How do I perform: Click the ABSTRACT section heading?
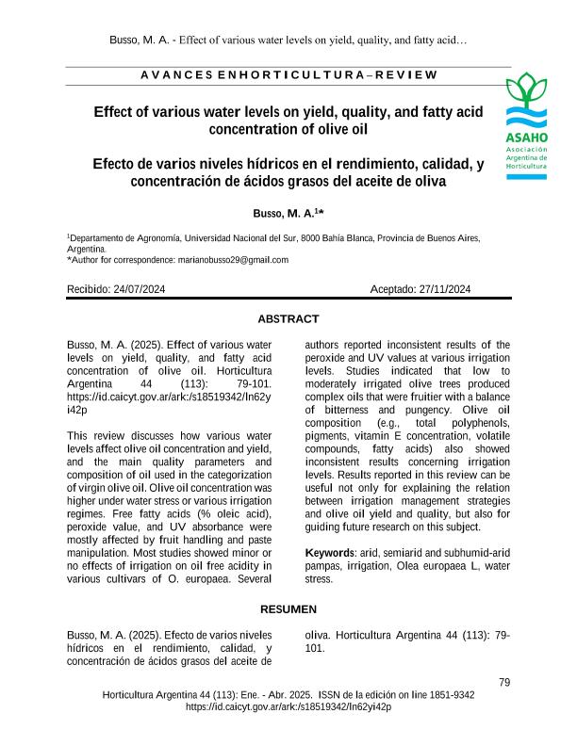pos(288,319)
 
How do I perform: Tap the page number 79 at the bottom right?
pos(503,682)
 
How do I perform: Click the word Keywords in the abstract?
pos(331,550)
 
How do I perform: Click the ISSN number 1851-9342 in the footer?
pos(451,695)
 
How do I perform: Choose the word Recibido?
pos(88,289)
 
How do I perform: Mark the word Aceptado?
pos(393,289)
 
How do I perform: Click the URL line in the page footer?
pos(288,706)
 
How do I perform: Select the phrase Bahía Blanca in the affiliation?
pos(344,239)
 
